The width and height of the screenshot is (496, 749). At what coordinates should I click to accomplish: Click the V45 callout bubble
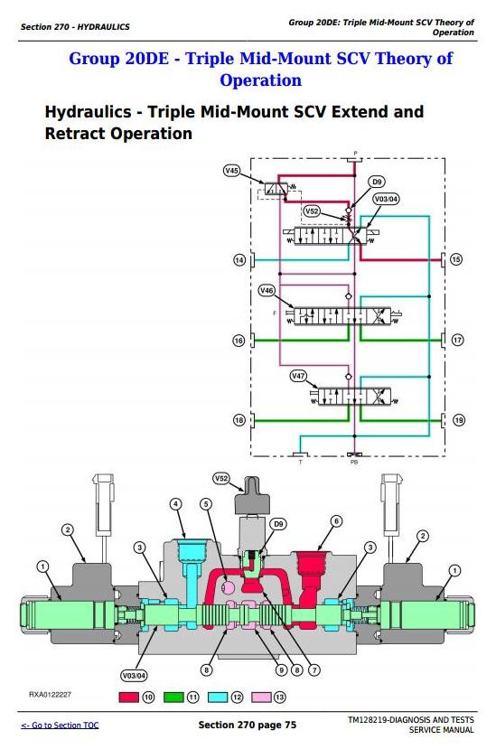point(232,171)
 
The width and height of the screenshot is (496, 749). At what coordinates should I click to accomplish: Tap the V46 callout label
point(267,290)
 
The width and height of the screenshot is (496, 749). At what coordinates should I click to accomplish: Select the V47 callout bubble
point(299,376)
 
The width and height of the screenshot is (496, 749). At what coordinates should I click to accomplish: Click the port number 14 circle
point(239,260)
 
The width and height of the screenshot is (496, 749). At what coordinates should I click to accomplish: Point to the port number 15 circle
point(456,259)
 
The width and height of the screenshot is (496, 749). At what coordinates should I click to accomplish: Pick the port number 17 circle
point(457,340)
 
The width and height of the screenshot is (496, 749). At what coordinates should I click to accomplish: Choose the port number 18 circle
point(239,420)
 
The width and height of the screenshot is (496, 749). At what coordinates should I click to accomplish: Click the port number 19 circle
point(458,420)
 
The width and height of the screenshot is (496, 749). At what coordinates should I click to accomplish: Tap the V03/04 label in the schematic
point(386,199)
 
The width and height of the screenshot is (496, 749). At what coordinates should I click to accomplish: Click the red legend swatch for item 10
point(128,698)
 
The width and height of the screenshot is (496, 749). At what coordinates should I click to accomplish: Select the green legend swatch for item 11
point(173,698)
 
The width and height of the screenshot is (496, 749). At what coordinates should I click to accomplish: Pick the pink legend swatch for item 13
point(261,698)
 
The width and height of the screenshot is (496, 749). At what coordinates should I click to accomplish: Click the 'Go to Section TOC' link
point(60,726)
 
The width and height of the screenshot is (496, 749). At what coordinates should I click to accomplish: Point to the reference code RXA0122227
point(51,695)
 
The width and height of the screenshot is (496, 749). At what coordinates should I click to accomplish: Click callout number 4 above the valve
point(176,504)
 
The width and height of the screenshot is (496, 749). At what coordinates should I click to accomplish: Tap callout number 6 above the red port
point(336,520)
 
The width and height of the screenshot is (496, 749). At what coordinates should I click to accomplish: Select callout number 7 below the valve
point(314,670)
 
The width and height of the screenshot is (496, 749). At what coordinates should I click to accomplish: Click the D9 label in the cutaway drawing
point(278,524)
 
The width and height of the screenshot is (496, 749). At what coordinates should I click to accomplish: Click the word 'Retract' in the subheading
point(75,134)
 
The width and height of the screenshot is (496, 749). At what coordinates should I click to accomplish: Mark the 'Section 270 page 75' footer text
point(247,726)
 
